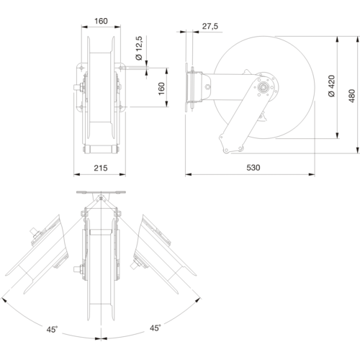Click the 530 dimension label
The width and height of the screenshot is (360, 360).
pyautogui.click(x=253, y=168)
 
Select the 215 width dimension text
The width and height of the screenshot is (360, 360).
pyautogui.click(x=101, y=168)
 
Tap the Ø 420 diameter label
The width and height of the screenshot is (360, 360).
pyautogui.click(x=331, y=86)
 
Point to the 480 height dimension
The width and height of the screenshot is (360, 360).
pyautogui.click(x=351, y=96)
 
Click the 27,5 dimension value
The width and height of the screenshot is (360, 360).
pyautogui.click(x=210, y=26)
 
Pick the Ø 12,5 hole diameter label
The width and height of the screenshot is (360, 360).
pyautogui.click(x=139, y=48)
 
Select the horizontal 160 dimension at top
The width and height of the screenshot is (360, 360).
pyautogui.click(x=101, y=21)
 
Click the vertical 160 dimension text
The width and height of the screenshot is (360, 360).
pyautogui.click(x=161, y=89)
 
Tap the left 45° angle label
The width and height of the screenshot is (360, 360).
pyautogui.click(x=52, y=329)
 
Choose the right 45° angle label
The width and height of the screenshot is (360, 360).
pyautogui.click(x=156, y=328)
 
